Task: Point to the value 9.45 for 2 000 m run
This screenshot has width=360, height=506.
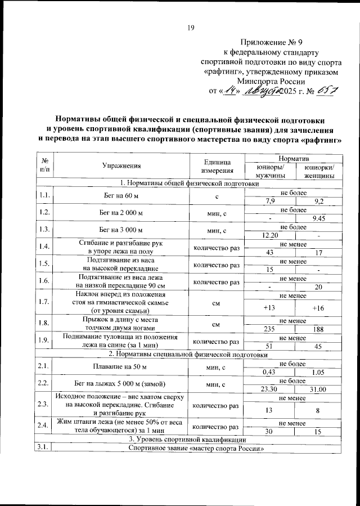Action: [x=318, y=218]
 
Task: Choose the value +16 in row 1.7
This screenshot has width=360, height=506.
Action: [x=318, y=308]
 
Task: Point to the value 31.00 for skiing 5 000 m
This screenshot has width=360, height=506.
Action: [x=318, y=388]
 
